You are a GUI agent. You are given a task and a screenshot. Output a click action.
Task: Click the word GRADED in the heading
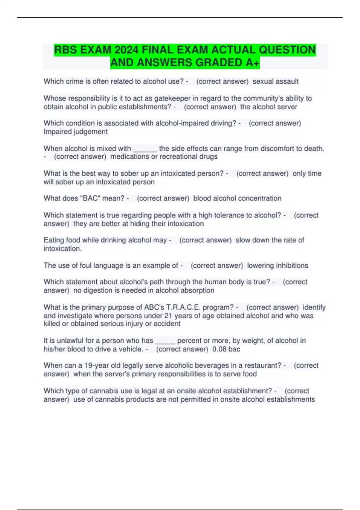pos(219,63)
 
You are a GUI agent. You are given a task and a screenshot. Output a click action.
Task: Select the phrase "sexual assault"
pos(275,81)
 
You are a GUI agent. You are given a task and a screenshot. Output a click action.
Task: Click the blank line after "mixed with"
pos(145,149)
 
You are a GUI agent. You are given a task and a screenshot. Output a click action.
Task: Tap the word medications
pos(130,157)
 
